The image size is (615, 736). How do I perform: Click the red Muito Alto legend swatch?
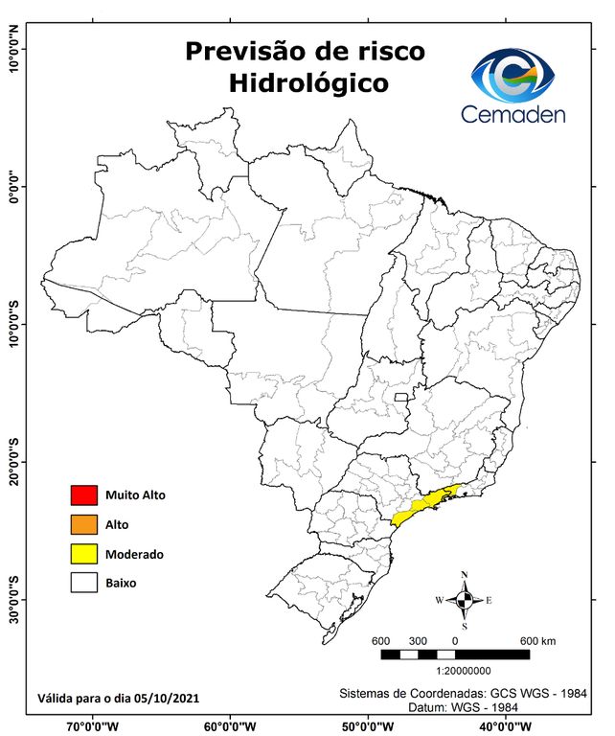[83, 495]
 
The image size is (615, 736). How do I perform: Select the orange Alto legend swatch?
[83, 524]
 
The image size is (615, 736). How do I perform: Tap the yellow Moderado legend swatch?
[83, 553]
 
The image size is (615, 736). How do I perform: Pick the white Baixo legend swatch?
[83, 582]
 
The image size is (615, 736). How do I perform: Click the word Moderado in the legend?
[134, 554]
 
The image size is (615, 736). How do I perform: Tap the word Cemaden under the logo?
[513, 115]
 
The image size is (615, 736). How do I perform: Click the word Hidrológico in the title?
[308, 82]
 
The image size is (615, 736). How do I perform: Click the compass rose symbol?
[464, 600]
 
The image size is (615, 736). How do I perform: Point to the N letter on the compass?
[465, 576]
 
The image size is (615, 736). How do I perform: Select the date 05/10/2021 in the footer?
[167, 698]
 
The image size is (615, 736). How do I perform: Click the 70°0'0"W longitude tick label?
[93, 725]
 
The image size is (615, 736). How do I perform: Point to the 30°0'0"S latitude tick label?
[14, 599]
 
